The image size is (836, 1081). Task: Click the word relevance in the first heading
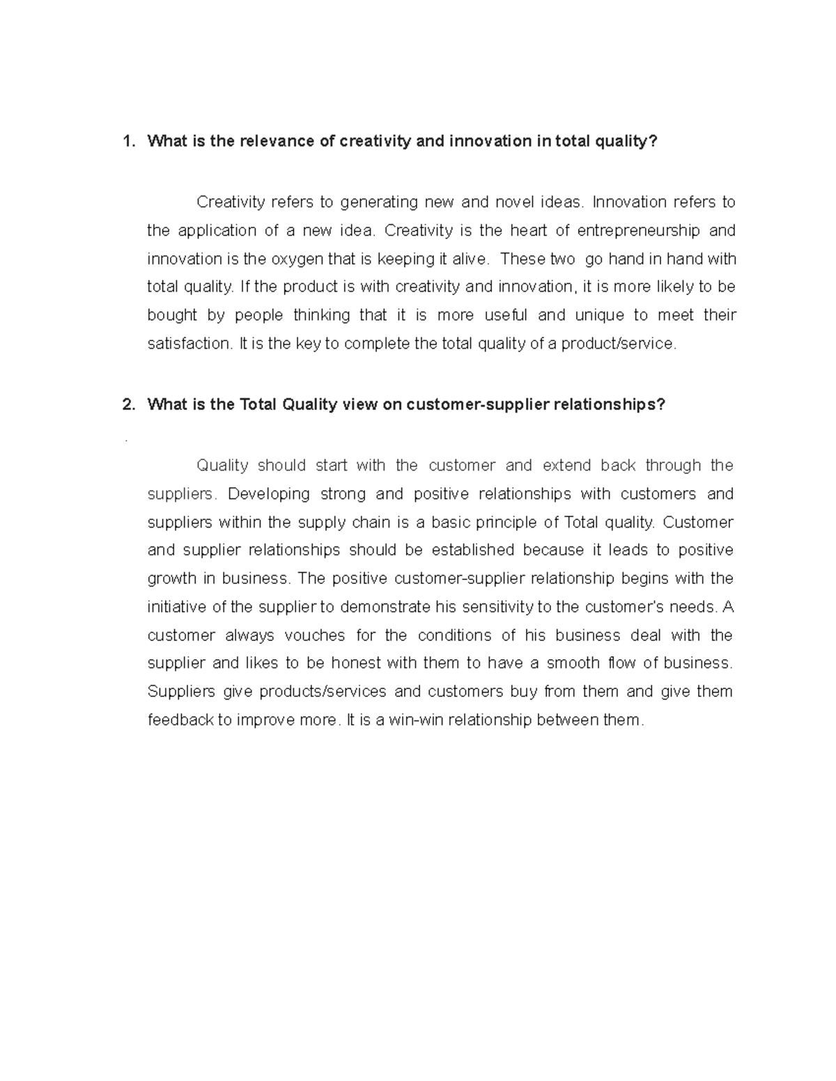click(x=277, y=142)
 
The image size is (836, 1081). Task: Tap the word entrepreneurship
click(x=639, y=230)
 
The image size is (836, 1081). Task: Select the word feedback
click(x=180, y=720)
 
